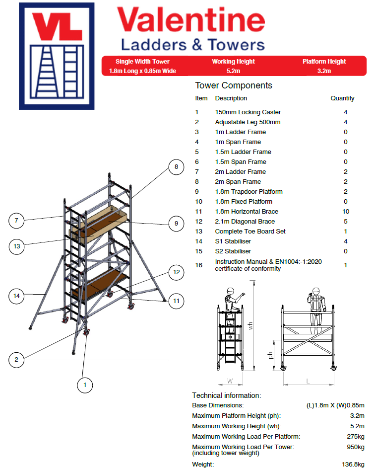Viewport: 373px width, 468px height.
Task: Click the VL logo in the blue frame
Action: (57, 56)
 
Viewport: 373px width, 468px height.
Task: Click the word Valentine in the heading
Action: (191, 21)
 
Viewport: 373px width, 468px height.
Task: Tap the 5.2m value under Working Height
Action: (233, 71)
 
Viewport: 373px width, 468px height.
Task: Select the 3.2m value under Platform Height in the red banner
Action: (324, 71)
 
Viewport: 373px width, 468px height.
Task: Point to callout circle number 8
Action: (176, 167)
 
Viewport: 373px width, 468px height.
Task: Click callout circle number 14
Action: (17, 296)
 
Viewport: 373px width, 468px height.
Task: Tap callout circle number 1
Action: (85, 385)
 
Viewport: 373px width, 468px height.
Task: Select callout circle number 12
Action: (176, 272)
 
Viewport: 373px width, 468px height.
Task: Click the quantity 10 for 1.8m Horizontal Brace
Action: (345, 212)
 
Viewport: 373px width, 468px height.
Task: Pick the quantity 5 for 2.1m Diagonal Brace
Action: (345, 222)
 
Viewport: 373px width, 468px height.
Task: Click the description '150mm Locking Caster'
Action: (248, 112)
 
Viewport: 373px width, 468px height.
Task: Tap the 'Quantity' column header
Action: (342, 98)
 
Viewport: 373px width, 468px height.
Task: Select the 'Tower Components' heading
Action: (234, 85)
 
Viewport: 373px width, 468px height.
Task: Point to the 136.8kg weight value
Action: (353, 465)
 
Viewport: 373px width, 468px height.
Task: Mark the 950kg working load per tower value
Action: (355, 447)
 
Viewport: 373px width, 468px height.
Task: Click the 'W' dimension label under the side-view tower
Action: (230, 381)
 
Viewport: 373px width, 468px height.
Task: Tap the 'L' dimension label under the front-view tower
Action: (308, 381)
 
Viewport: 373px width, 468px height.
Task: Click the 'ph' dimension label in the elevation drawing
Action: (271, 356)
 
